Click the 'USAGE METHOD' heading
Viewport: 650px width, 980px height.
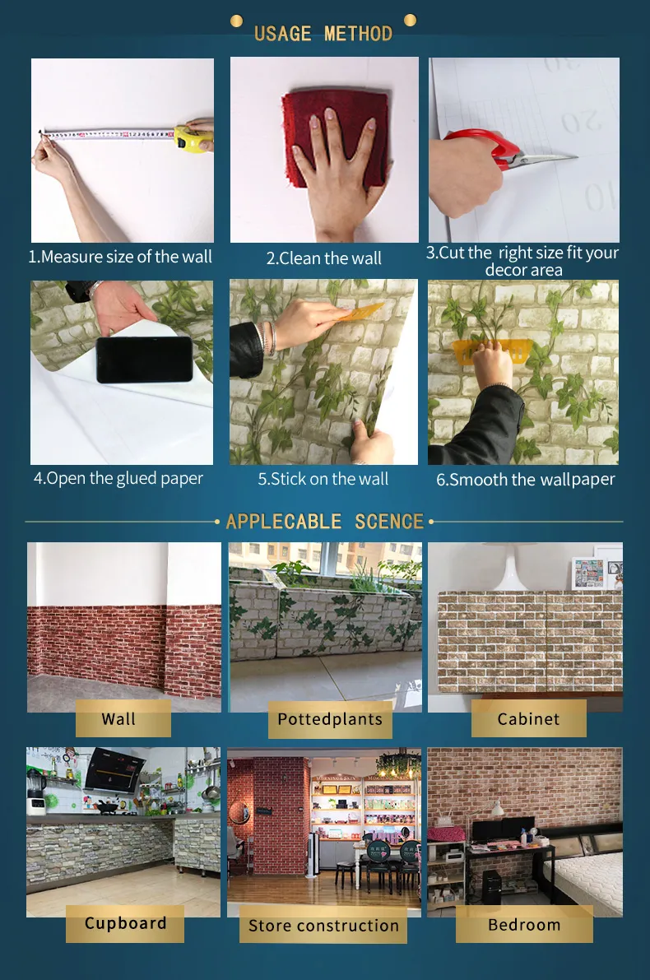coord(323,34)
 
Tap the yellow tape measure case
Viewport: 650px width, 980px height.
coord(190,139)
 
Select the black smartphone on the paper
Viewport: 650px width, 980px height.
coord(144,360)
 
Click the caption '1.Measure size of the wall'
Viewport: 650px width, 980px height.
coord(120,257)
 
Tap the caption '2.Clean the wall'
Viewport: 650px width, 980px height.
coord(323,258)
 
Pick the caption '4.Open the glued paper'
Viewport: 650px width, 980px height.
coord(118,478)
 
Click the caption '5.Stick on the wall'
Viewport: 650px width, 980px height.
coord(323,479)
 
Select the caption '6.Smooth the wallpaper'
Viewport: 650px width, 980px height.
coord(525,480)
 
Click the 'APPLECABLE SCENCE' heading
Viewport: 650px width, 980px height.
coord(325,522)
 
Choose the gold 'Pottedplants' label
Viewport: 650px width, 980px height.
coord(330,719)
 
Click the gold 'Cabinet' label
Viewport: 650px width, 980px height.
coord(528,719)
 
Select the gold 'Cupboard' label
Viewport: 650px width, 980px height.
coord(125,923)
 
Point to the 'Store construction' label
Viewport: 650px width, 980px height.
coord(323,926)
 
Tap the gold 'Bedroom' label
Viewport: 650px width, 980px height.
coord(524,924)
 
